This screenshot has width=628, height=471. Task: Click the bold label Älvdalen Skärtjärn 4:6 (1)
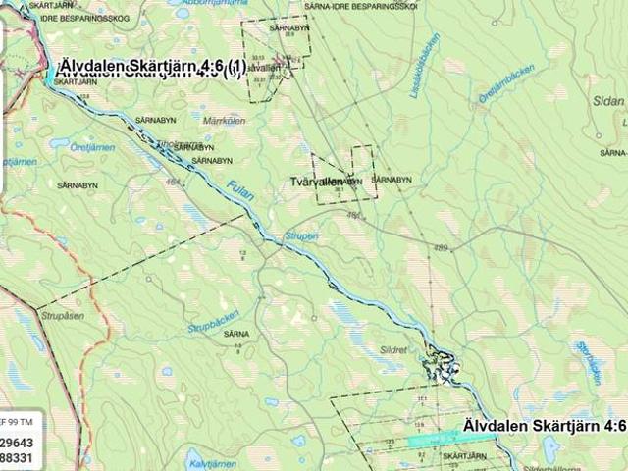(150, 68)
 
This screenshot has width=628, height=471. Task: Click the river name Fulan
(240, 189)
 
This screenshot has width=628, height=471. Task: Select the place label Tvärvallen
(317, 182)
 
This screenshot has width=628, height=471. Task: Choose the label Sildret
(392, 348)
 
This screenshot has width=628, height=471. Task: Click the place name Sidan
(608, 101)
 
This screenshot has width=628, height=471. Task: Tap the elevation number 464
(175, 182)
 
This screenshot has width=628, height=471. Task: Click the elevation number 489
(441, 247)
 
